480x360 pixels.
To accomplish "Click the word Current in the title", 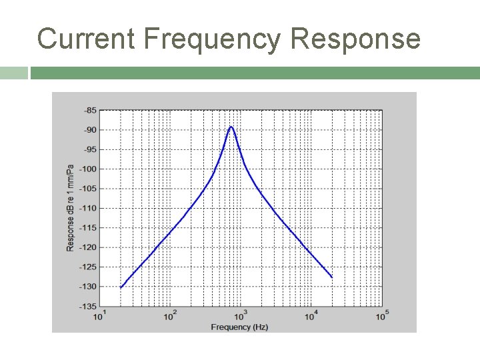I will click(86, 39).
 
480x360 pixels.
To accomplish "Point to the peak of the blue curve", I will click(231, 127).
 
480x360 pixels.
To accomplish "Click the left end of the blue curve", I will click(121, 287).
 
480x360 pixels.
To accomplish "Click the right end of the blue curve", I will click(331, 277).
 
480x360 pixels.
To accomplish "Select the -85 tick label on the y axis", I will click(89, 110).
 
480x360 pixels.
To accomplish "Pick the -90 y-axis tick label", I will click(89, 129).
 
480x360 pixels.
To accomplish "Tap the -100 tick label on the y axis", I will click(88, 169).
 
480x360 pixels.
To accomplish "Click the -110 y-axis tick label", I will click(88, 208).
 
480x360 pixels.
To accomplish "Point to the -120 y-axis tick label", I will click(88, 247).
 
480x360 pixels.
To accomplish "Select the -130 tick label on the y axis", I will click(88, 287).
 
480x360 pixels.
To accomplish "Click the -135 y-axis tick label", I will click(88, 307).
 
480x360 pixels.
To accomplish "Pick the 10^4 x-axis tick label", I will click(311, 316).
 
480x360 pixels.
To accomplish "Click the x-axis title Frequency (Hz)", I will click(239, 327).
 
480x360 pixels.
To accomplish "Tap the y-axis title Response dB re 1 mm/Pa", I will click(70, 207).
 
